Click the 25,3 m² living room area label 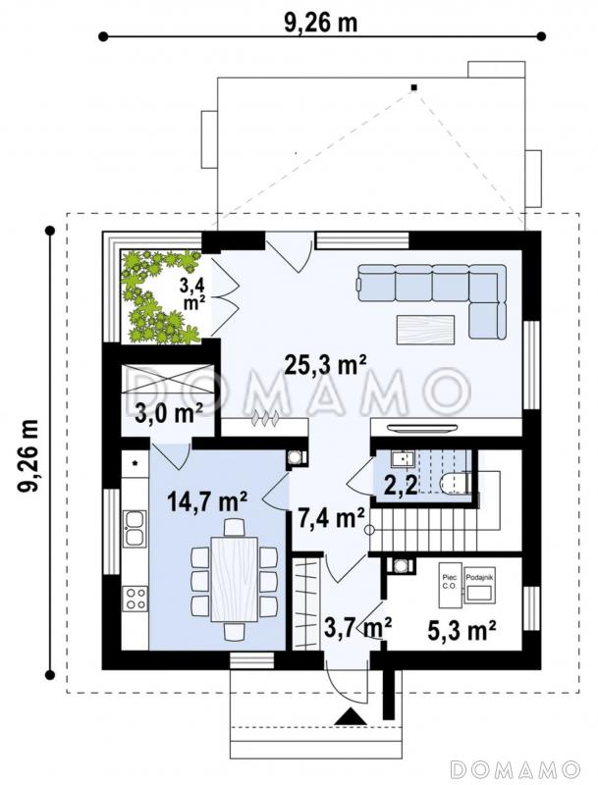tap(326, 365)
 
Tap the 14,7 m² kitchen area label tap(207, 501)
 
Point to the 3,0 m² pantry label tap(169, 413)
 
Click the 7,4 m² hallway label tap(331, 518)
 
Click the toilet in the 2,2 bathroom tap(455, 483)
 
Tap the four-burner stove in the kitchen tap(136, 599)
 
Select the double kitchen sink tap(136, 528)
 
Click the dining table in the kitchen tap(235, 578)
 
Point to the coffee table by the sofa tap(426, 330)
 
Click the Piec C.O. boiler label tap(449, 582)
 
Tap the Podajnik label tap(480, 577)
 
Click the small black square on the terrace tap(413, 87)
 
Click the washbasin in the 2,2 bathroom tap(403, 458)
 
